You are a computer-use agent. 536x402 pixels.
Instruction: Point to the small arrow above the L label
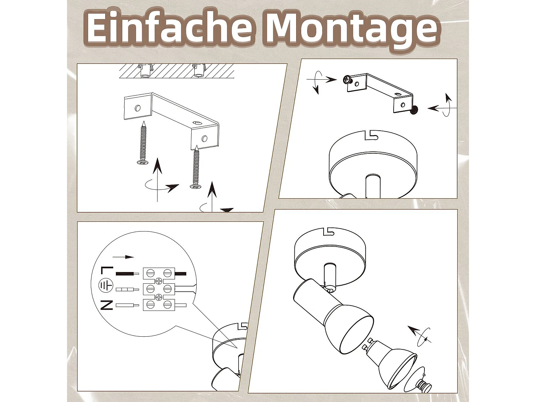pyautogui.click(x=123, y=257)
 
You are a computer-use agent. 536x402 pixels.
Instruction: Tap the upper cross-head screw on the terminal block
pyautogui.click(x=159, y=281)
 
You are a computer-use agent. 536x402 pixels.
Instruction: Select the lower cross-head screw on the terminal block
pyautogui.click(x=159, y=297)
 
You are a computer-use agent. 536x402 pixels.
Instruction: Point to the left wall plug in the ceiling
pyautogui.click(x=146, y=71)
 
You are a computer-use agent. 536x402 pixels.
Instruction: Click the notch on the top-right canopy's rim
pyautogui.click(x=371, y=135)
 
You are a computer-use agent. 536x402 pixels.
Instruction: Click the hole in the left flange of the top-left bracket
pyautogui.click(x=138, y=108)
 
